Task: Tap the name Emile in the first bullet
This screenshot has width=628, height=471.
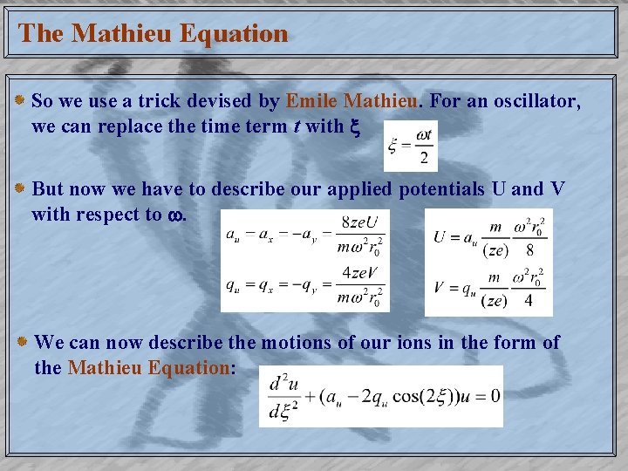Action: pos(313,101)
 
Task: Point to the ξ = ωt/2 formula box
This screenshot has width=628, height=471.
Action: pos(411,146)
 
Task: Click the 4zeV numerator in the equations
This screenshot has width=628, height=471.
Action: pos(359,273)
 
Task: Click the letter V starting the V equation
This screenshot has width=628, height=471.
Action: pos(441,286)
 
